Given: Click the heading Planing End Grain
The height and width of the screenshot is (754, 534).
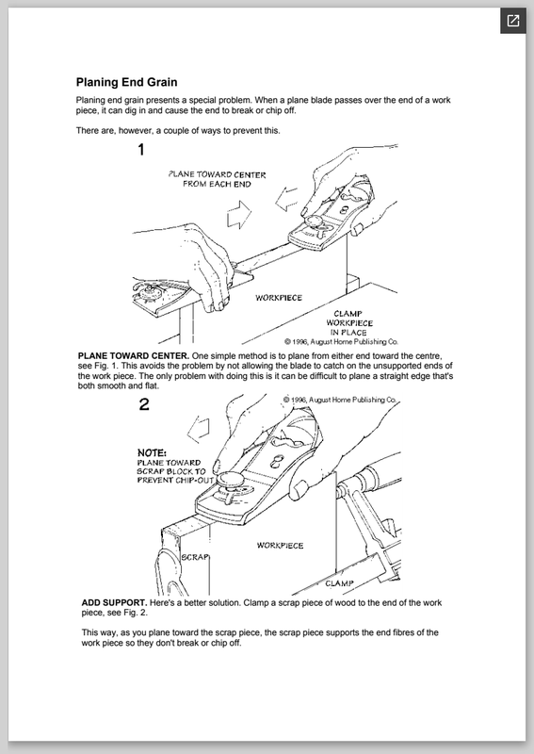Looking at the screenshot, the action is pyautogui.click(x=126, y=82).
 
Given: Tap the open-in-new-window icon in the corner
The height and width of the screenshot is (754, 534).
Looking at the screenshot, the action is pyautogui.click(x=513, y=21).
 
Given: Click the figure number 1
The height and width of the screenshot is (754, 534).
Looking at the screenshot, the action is pyautogui.click(x=141, y=150).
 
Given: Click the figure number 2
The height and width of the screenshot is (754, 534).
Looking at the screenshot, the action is pyautogui.click(x=144, y=404).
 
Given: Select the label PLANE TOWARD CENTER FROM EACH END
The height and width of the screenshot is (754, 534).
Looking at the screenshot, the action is pyautogui.click(x=217, y=179).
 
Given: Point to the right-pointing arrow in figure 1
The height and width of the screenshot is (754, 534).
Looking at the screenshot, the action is pyautogui.click(x=239, y=215).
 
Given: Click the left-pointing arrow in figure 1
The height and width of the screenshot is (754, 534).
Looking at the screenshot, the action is pyautogui.click(x=286, y=199).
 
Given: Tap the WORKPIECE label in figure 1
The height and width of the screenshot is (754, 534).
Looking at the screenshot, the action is pyautogui.click(x=279, y=298).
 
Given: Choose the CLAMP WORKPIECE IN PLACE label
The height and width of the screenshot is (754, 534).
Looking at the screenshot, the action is pyautogui.click(x=349, y=322).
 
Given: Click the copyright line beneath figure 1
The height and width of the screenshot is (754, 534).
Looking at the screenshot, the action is pyautogui.click(x=341, y=341).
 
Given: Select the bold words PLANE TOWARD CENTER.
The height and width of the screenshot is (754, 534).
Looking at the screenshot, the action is pyautogui.click(x=134, y=356).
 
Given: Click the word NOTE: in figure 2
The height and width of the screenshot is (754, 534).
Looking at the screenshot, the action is pyautogui.click(x=152, y=452).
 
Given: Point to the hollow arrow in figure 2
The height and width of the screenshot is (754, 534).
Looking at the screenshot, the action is pyautogui.click(x=199, y=429).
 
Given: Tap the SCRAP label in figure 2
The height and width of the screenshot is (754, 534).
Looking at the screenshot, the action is pyautogui.click(x=195, y=557).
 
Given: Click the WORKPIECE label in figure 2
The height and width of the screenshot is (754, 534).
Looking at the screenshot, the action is pyautogui.click(x=280, y=546).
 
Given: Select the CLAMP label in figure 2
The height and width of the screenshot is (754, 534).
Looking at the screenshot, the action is pyautogui.click(x=339, y=583).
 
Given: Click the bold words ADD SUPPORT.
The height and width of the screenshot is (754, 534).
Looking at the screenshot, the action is pyautogui.click(x=114, y=602).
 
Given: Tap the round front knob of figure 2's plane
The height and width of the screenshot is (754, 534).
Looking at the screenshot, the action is pyautogui.click(x=228, y=480).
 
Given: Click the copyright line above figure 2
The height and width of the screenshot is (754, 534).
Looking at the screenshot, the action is pyautogui.click(x=340, y=400).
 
